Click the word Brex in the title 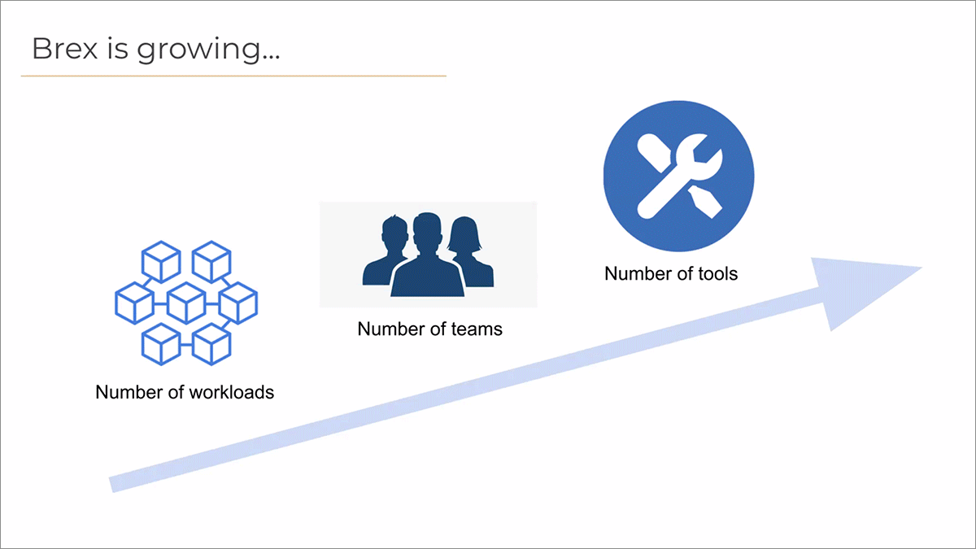tap(65, 48)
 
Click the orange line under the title tap(233, 76)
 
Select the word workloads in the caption tap(232, 392)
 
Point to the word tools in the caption tap(717, 273)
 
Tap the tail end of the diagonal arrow tap(111, 485)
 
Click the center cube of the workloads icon tap(186, 303)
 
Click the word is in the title tap(118, 48)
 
